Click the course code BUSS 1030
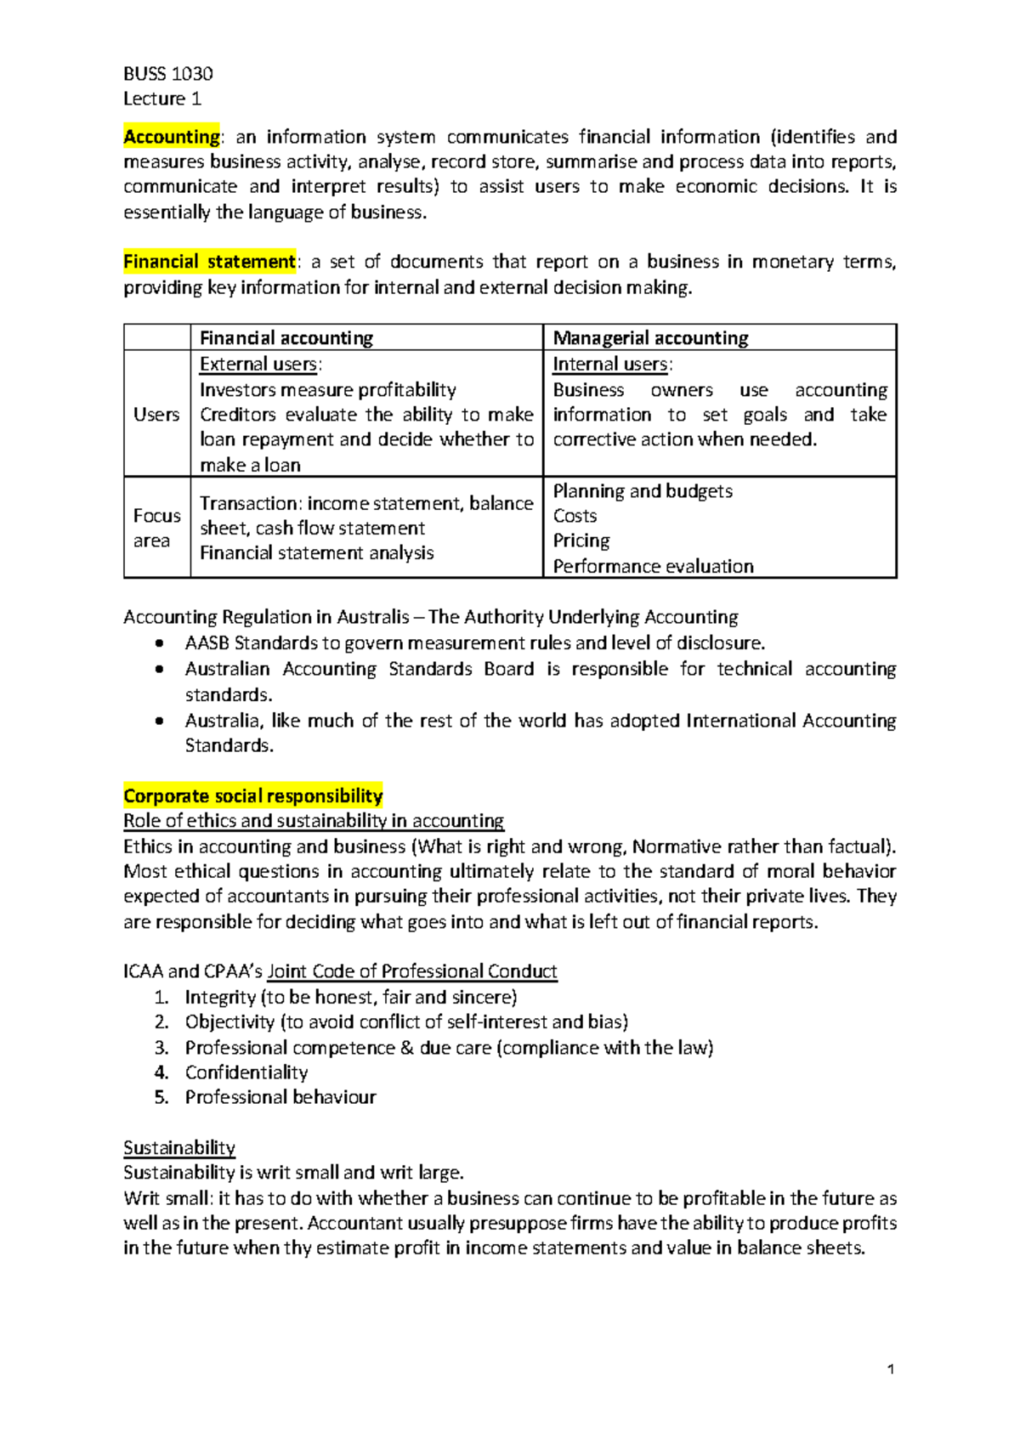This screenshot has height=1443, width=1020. pos(167,74)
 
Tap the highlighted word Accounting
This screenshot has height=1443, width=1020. pos(171,137)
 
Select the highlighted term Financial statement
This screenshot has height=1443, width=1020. pos(209,262)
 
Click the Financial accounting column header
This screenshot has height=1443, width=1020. pos(286,338)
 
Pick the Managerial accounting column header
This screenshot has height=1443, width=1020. pos(650,338)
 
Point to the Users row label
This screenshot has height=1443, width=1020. pos(156,415)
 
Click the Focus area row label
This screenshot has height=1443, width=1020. pos(156,528)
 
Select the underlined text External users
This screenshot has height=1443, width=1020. pos(258,365)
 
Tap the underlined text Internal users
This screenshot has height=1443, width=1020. pos(610,365)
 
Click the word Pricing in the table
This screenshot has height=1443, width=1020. pos(581,541)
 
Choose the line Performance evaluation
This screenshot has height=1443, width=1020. pos(653,567)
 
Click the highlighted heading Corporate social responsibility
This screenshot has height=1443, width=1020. pos(252,796)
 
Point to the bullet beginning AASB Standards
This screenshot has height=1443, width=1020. pos(474,643)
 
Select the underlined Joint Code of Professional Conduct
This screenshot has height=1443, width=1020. pos(412,971)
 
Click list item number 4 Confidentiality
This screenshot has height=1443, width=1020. pos(246,1072)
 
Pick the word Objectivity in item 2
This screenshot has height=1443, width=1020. pos(229,1022)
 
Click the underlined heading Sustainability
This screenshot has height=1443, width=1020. pos(179,1148)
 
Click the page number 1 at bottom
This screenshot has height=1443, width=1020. pos(890,1369)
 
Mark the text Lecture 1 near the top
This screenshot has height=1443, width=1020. pos(161,99)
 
